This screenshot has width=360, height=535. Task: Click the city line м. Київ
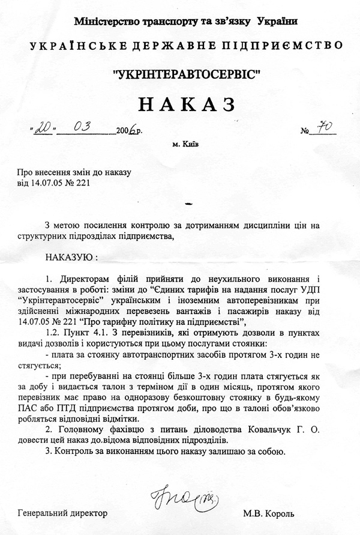pyautogui.click(x=186, y=145)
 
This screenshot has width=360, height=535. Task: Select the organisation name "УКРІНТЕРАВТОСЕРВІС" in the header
pyautogui.click(x=187, y=75)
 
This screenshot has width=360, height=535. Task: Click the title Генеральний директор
pyautogui.click(x=62, y=513)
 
